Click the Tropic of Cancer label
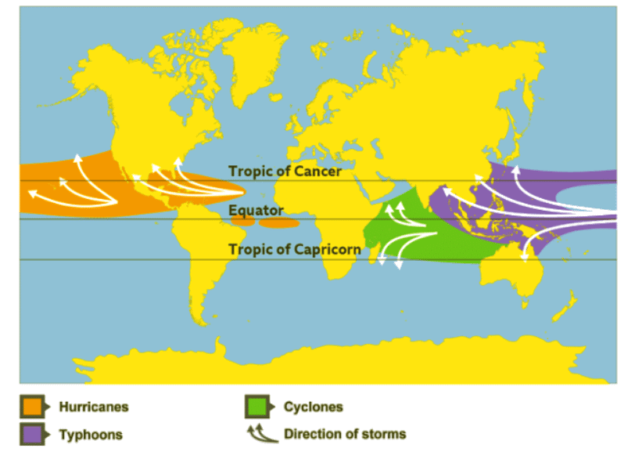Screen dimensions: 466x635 coord(285,171)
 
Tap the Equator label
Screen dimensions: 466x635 coord(256,211)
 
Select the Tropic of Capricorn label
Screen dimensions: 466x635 coord(295,250)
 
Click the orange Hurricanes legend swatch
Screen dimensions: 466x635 coord(34,407)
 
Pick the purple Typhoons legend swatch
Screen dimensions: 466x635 coord(34,433)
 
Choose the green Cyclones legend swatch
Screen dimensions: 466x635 coord(257,407)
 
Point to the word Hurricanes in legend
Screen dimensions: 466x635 coord(94,407)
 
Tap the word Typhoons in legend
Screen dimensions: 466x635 coord(91,434)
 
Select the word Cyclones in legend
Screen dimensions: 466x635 coord(313,407)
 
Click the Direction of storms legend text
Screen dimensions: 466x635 coord(345,434)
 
